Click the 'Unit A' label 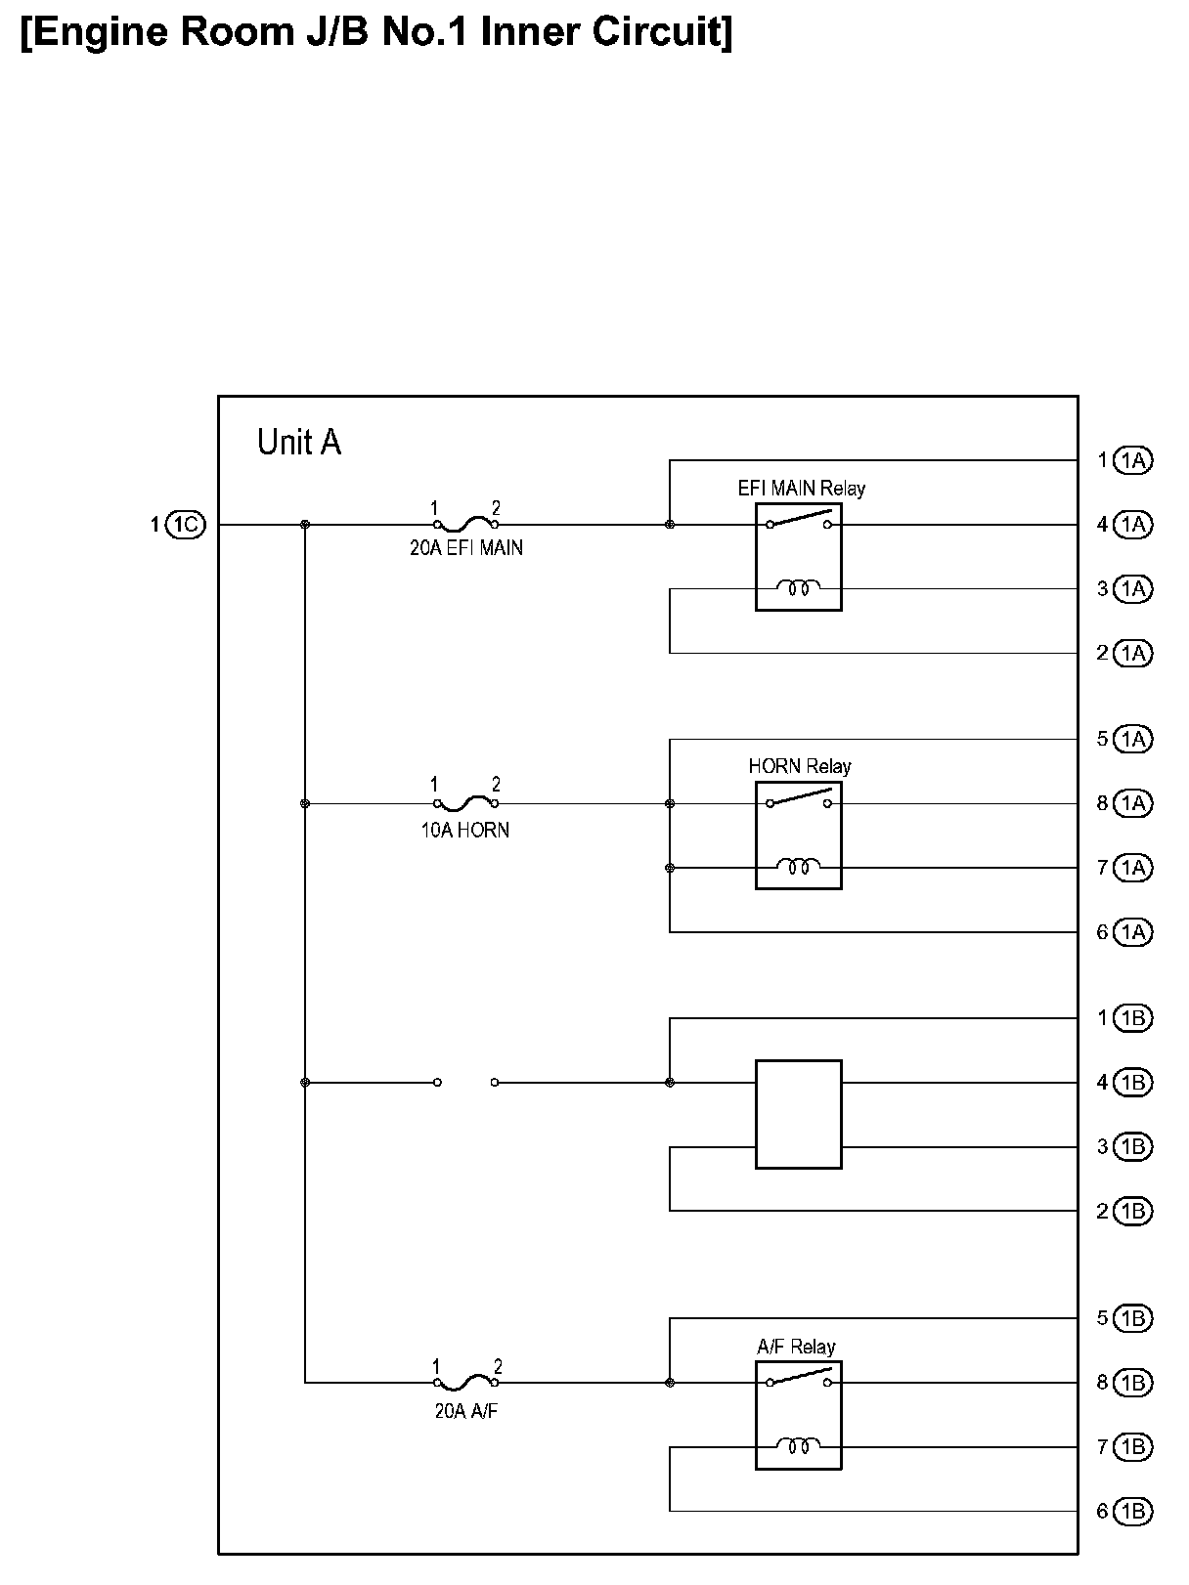click(298, 443)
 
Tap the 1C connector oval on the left click(186, 525)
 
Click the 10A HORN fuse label click(465, 831)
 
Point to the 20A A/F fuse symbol click(466, 1381)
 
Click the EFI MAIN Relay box click(798, 557)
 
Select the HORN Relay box click(798, 835)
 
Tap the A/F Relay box click(798, 1414)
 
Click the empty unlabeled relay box click(798, 1114)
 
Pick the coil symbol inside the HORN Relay click(798, 866)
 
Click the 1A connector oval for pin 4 click(1133, 525)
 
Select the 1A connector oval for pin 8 click(1133, 803)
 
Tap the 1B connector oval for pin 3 click(1133, 1146)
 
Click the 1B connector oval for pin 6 click(1133, 1511)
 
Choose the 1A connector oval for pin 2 click(1133, 653)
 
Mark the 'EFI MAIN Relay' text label click(801, 489)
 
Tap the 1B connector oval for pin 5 click(1133, 1318)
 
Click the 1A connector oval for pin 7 click(1133, 868)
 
